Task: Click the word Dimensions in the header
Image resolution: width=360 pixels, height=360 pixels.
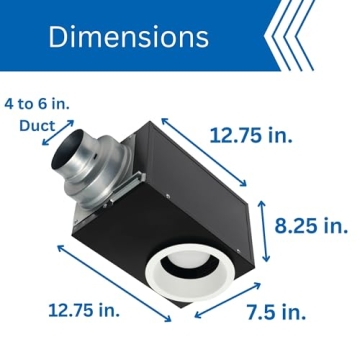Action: [129, 37]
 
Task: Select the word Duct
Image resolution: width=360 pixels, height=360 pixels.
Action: [38, 126]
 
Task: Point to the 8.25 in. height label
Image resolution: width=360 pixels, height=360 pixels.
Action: [313, 226]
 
